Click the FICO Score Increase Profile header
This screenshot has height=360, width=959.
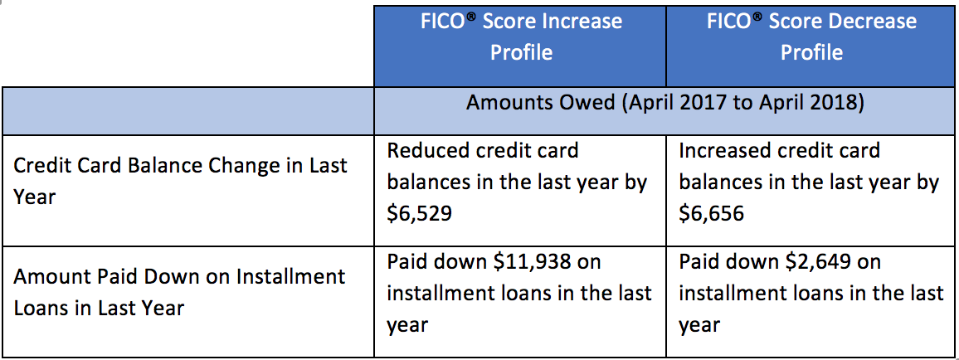click(x=521, y=36)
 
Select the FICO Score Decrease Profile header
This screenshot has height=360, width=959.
click(x=811, y=36)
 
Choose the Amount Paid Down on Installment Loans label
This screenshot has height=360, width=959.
click(x=179, y=291)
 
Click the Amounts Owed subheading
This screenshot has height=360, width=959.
click(x=664, y=103)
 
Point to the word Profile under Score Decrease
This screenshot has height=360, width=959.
click(x=811, y=52)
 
